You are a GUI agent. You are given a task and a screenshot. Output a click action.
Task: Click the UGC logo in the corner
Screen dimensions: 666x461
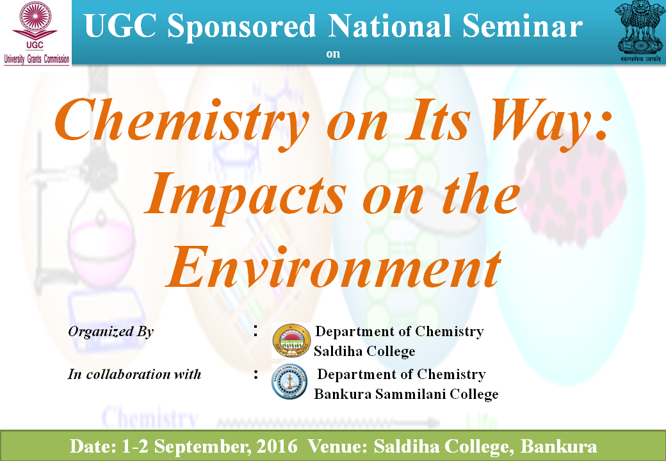(36, 33)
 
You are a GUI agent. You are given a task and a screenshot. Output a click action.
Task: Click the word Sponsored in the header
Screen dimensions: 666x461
(241, 27)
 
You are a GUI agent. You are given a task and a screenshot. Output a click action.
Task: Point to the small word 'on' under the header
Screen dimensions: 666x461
(333, 54)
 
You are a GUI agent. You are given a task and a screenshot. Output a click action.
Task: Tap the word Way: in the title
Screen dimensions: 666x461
(551, 121)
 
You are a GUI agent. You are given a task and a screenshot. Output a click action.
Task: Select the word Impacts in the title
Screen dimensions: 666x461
(245, 195)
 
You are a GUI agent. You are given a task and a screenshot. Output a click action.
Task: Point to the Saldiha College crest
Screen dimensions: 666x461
(291, 341)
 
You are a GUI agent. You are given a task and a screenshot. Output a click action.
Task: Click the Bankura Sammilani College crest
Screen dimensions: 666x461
(289, 382)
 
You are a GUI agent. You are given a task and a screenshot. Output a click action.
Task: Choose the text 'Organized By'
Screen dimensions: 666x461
(110, 332)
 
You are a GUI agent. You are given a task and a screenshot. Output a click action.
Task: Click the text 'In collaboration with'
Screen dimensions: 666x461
(134, 374)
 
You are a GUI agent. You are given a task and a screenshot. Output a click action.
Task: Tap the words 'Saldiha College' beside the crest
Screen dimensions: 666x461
(364, 351)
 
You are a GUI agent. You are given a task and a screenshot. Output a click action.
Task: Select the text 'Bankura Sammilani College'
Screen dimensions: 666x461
(406, 394)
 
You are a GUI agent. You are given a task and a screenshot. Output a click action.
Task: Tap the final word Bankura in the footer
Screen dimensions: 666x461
(558, 446)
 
